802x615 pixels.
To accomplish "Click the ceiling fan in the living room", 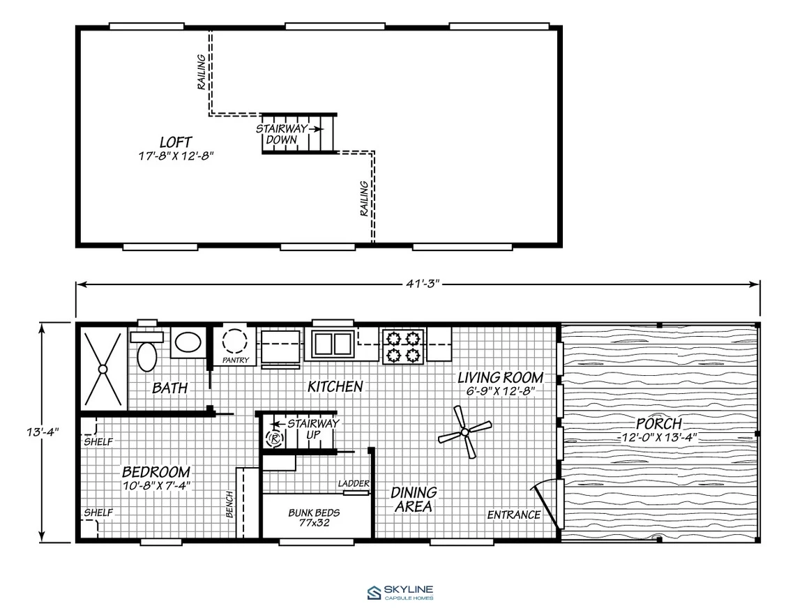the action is coord(465,432).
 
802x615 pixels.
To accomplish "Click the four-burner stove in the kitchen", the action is coord(403,346).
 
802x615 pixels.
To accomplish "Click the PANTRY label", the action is coord(236,360).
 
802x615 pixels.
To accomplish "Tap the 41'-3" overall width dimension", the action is coord(423,284).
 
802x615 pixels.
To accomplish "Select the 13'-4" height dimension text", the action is coord(43,432).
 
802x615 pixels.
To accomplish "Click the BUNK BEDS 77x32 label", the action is coord(314,517).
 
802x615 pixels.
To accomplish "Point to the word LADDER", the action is coord(354,483).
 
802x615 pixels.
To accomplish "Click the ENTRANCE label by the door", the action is coord(513,515).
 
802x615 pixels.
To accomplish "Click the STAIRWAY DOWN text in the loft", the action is coord(282,134).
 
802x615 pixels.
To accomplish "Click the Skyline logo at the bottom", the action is coord(400,593).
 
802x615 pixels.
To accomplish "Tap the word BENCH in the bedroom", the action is coord(229,504).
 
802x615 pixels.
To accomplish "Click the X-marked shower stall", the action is coord(103,369).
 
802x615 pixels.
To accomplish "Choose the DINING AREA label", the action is coord(414,499).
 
